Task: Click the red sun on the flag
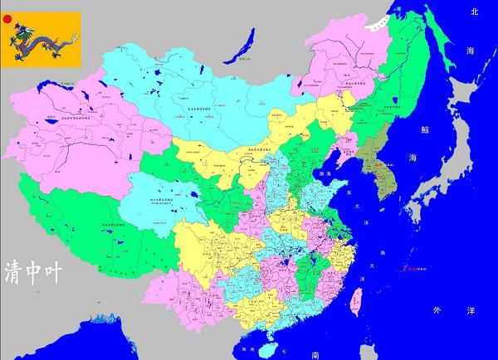(x=8, y=18)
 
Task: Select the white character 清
(x=17, y=270)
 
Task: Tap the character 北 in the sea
(x=475, y=12)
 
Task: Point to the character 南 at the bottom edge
(x=316, y=354)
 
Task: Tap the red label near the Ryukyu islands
(x=409, y=267)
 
